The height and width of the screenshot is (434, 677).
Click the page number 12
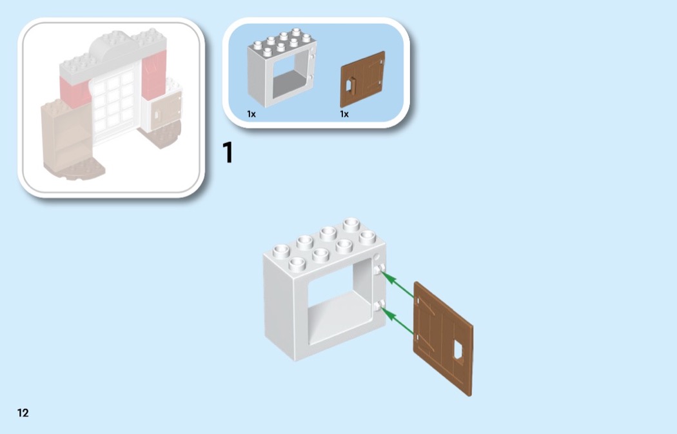coord(23,413)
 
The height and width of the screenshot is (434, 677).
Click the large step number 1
coord(228,152)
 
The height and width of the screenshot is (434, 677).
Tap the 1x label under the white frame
coord(251,114)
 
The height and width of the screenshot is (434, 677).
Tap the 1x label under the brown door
coord(344,114)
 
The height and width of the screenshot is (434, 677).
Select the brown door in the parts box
coord(362,79)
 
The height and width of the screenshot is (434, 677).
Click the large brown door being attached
coord(443,339)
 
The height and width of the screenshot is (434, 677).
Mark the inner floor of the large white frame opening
coord(339,315)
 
